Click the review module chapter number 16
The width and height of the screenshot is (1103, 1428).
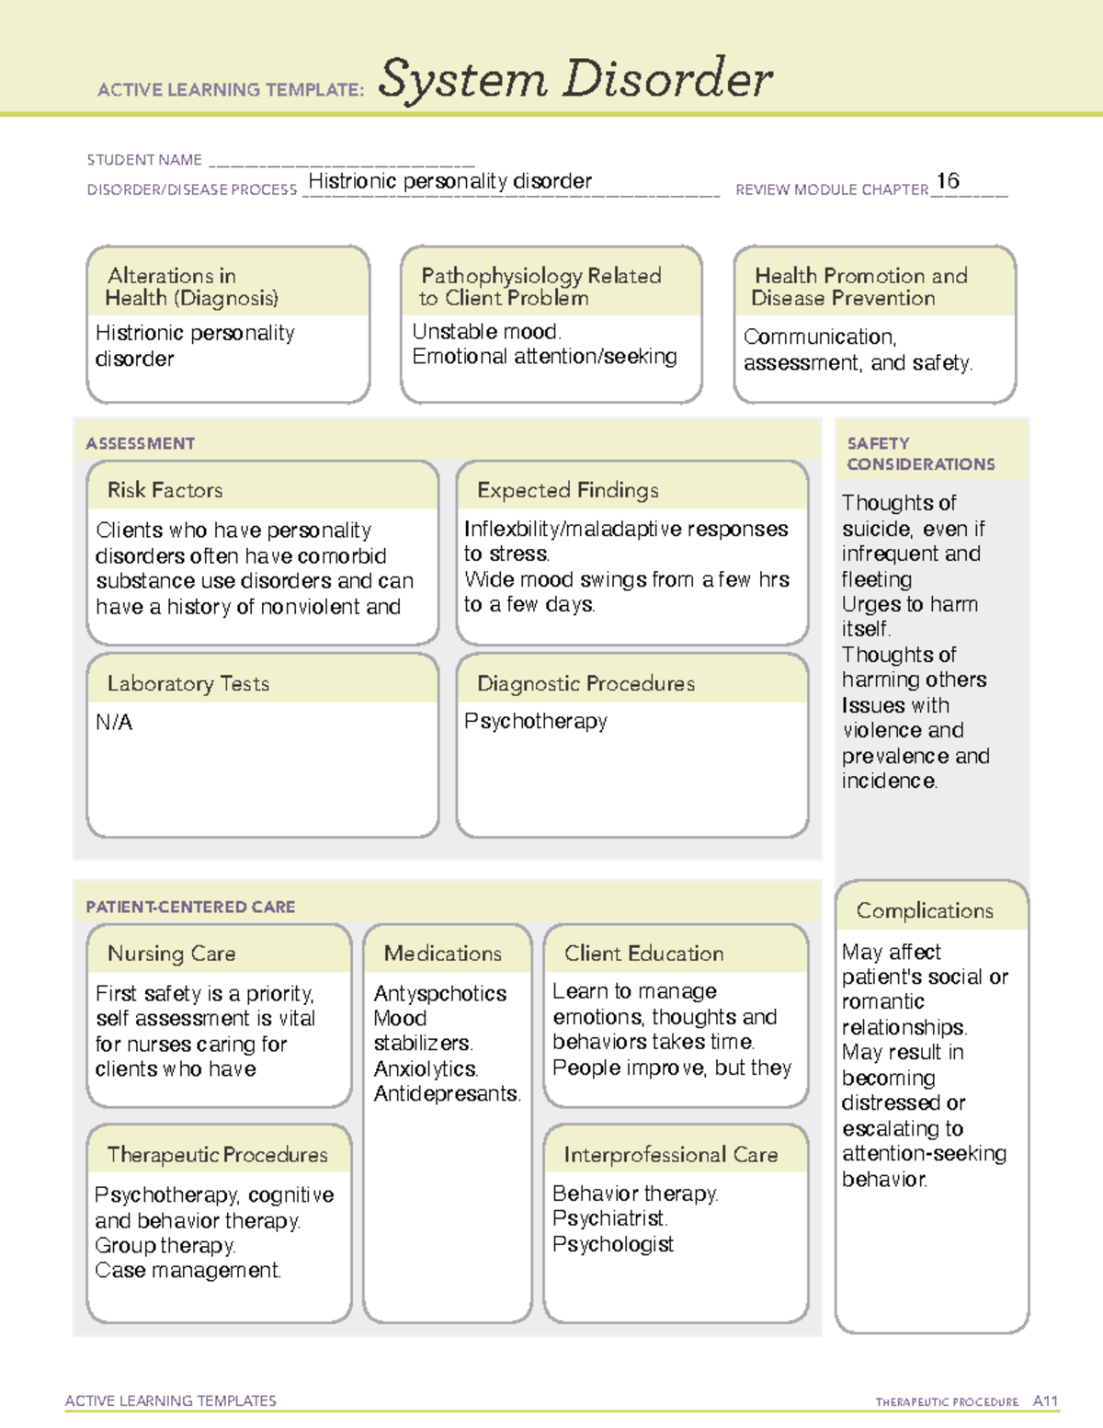(948, 181)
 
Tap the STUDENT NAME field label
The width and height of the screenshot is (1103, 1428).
(144, 160)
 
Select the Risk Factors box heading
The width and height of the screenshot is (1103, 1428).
(165, 490)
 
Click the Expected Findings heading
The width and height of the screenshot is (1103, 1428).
(567, 490)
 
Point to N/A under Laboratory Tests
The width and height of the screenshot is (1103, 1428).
(114, 723)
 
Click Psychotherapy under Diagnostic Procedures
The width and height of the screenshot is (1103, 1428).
(535, 722)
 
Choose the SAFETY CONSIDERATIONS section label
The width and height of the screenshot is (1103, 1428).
(920, 454)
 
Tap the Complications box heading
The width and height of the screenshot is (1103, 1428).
(925, 910)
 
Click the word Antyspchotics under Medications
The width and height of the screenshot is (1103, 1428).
(440, 994)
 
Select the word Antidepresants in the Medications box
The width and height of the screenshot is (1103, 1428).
(447, 1094)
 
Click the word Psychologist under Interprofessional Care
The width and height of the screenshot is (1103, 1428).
(613, 1244)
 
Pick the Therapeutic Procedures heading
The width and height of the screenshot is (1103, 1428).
(217, 1155)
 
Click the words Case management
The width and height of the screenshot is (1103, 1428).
(188, 1271)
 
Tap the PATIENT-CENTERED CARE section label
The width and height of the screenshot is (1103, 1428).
(190, 907)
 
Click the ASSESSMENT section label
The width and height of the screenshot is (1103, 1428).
(140, 443)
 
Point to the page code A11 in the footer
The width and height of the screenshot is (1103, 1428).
(1045, 1401)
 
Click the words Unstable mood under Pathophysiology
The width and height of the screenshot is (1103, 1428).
(486, 332)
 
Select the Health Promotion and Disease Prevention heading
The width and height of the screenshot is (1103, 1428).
(859, 287)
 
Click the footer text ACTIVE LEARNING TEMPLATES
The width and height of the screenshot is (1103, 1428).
(170, 1400)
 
